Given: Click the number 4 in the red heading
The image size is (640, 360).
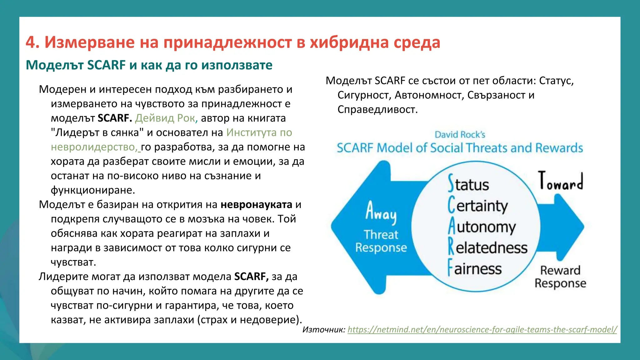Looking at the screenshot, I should tap(31, 42).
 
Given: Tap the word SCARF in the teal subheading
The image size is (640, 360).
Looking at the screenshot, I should tap(107, 65).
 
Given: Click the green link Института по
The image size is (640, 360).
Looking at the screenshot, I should tap(259, 132).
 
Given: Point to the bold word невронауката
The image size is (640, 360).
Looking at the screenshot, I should tap(256, 205).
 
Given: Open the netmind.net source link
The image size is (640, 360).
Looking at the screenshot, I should tap(482, 330).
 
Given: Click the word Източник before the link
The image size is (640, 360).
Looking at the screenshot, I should tap(323, 330).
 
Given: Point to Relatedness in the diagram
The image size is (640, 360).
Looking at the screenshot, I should tap(487, 247).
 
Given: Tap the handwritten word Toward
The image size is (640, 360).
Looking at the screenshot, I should tap(560, 182).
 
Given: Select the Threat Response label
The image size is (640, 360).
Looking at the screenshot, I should tap(381, 241).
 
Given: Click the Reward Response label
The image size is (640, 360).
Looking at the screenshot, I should tap(560, 277).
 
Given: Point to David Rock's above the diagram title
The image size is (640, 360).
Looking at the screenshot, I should tap(460, 135).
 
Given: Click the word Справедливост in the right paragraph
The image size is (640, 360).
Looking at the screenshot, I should tap(377, 110).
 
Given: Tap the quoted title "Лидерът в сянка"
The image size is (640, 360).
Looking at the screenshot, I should tap(97, 132).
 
